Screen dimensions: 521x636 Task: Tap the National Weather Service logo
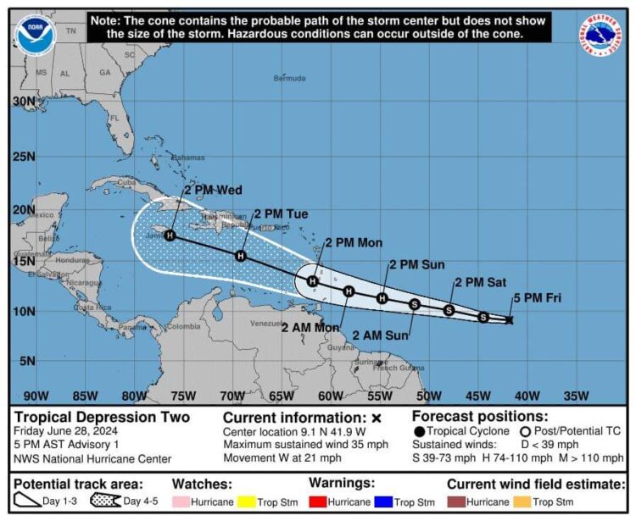click(x=601, y=36)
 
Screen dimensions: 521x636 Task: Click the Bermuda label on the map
click(x=289, y=78)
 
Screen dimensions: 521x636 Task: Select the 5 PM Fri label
click(x=537, y=298)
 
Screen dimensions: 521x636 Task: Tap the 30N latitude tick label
click(x=24, y=101)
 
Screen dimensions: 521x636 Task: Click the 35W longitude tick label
click(x=576, y=396)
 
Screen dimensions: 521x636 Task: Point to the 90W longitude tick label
click(x=36, y=396)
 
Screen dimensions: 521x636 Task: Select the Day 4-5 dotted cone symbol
click(x=104, y=502)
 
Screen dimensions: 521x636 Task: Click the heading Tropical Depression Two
click(x=101, y=417)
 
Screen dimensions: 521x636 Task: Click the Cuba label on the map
click(x=126, y=181)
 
